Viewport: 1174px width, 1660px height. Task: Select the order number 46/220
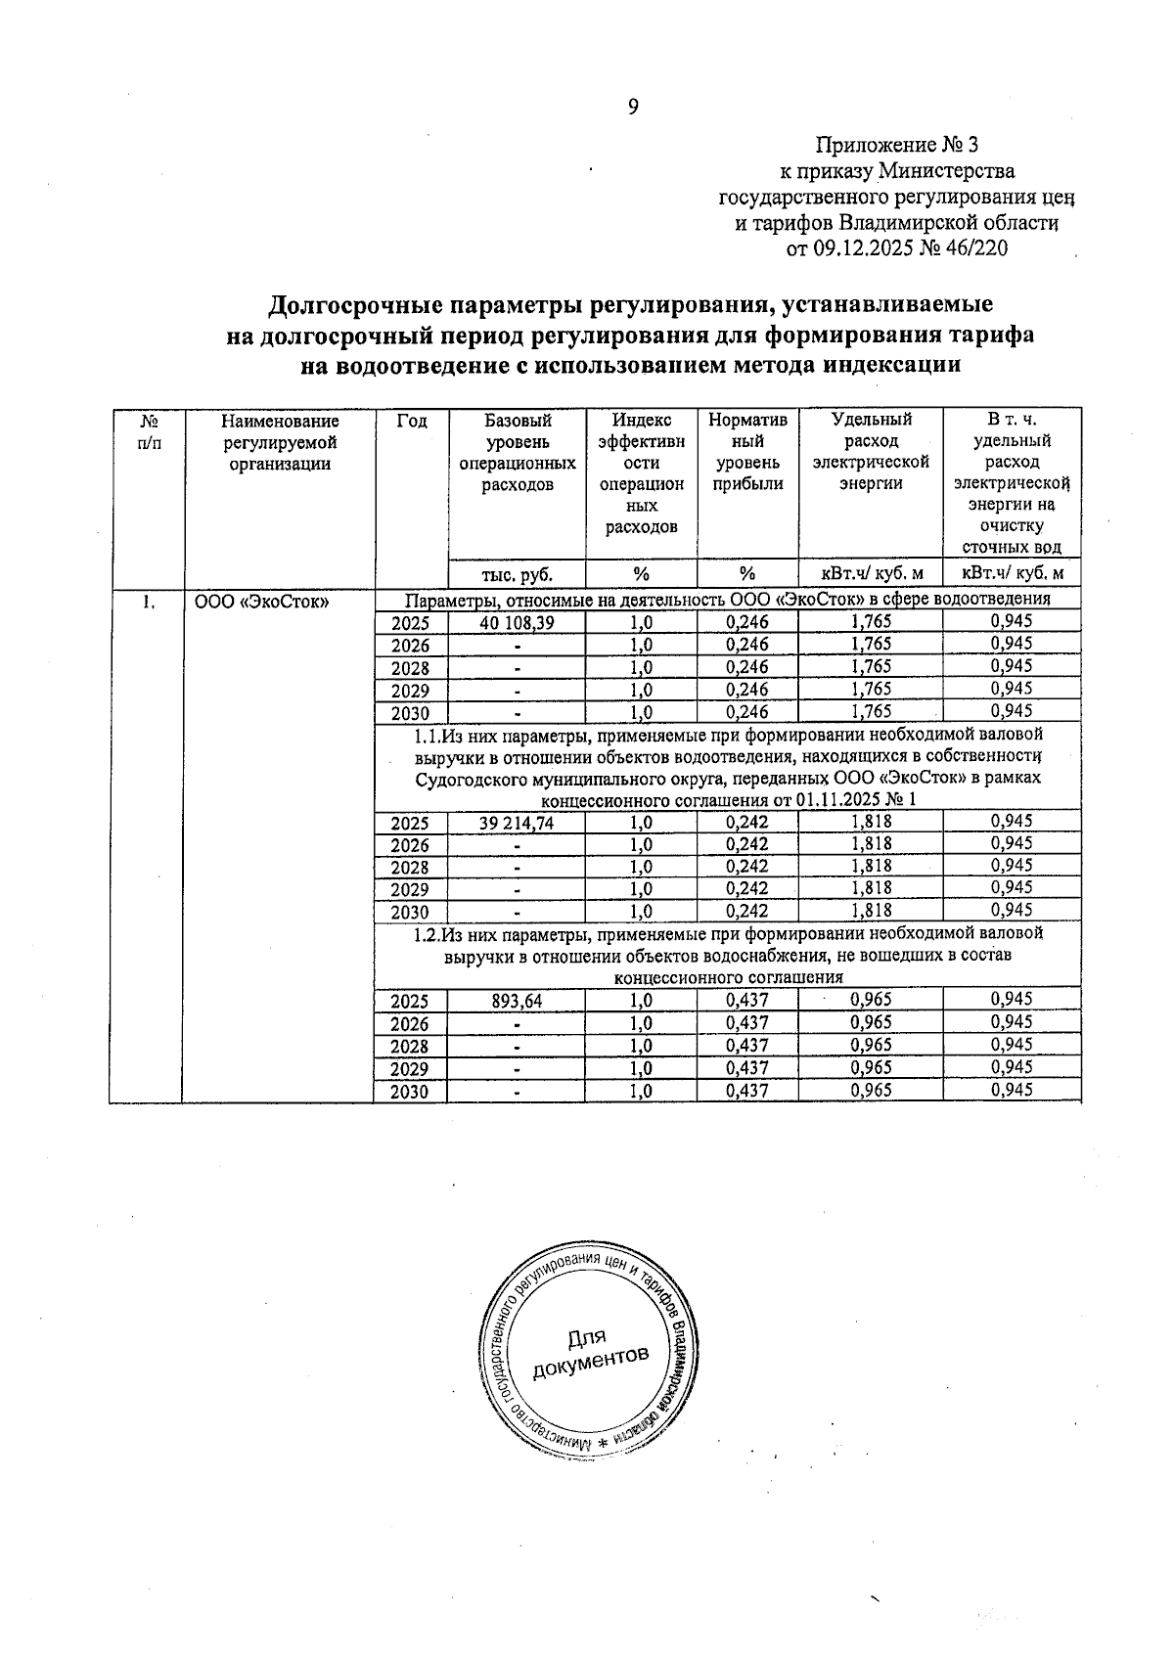click(x=974, y=248)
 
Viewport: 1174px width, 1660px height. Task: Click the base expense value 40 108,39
click(x=516, y=622)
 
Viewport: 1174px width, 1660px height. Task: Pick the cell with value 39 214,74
click(x=516, y=824)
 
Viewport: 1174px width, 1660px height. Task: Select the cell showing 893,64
click(x=516, y=1001)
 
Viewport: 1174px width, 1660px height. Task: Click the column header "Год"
click(x=411, y=422)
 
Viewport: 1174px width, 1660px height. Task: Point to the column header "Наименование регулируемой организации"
click(x=280, y=442)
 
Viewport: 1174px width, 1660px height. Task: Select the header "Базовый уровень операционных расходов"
click(x=517, y=452)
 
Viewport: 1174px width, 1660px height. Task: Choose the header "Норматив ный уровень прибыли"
click(x=747, y=452)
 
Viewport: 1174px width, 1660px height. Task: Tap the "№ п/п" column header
click(x=148, y=431)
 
